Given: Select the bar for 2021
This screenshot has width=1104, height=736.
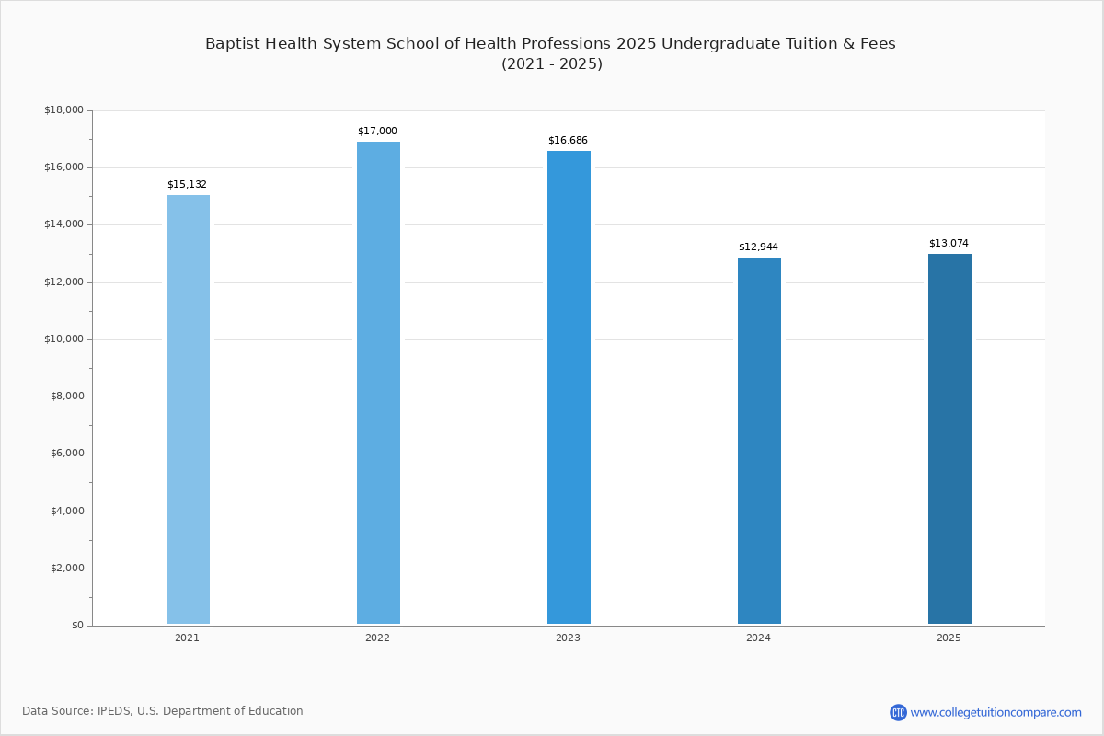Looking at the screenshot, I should point(188,409).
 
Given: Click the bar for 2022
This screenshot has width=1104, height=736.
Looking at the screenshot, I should point(378,383).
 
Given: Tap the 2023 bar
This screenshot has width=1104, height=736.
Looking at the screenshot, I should point(569,387).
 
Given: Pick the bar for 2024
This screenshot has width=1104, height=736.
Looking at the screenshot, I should point(759,441).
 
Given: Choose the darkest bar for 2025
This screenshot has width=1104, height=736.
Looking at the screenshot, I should point(949,439).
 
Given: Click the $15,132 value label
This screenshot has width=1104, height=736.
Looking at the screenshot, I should point(187,185).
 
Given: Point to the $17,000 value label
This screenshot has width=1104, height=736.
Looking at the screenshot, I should point(377,132).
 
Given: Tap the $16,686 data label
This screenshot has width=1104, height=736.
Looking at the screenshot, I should point(568,141).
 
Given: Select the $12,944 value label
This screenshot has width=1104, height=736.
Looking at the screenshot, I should point(758,247).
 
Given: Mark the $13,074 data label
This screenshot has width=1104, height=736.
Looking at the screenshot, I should point(949,244).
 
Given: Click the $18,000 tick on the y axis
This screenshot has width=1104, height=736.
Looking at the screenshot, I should point(63,110).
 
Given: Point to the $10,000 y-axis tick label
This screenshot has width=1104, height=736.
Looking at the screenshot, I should point(63,339).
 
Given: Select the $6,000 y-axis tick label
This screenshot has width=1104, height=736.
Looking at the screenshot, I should point(66,454).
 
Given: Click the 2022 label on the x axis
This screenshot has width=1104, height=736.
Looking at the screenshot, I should point(377,638).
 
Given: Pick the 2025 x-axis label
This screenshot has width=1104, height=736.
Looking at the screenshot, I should point(949,638).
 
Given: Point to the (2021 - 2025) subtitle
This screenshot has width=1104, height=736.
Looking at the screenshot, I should point(551,64).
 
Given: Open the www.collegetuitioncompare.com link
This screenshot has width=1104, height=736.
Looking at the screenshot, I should point(995,712).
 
